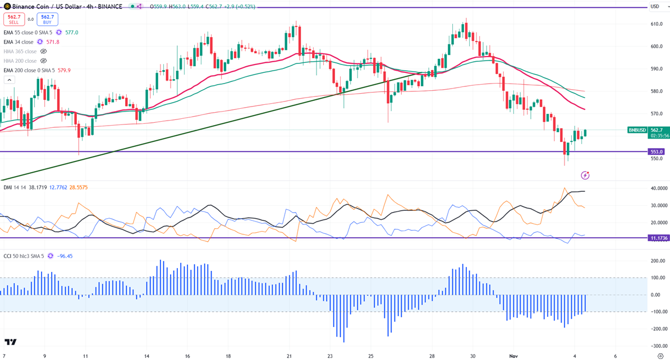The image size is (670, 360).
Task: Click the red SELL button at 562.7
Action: [x=13, y=20]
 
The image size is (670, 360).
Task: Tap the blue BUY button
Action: [x=47, y=20]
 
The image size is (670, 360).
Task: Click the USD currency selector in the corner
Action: [x=655, y=7]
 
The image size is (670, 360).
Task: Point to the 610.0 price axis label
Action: [x=657, y=24]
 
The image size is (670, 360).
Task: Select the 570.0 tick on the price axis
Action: [x=657, y=114]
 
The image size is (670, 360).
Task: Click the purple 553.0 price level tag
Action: [x=657, y=151]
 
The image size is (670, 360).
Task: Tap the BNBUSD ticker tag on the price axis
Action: [x=637, y=130]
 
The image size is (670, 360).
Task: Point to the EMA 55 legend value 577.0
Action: [x=71, y=33]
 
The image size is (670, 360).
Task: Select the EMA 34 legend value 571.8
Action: [x=52, y=42]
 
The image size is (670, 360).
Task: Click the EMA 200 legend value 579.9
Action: [x=63, y=71]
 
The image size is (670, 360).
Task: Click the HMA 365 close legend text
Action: [x=20, y=52]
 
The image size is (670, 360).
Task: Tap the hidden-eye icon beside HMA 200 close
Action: [x=43, y=61]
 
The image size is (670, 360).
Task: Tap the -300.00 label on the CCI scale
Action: [x=658, y=345]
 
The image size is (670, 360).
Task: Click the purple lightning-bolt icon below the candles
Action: [x=585, y=176]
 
